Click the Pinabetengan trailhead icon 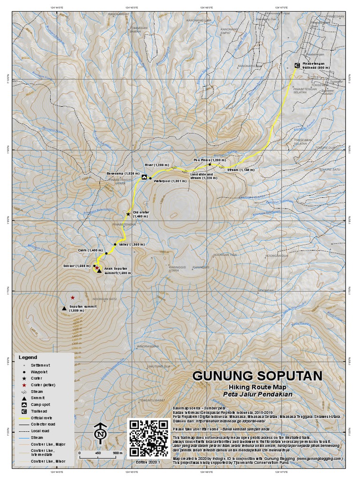coord(296,65)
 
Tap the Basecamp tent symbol coord(144,177)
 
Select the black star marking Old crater coord(128,214)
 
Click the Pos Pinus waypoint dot coord(210,165)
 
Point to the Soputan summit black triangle coord(64,308)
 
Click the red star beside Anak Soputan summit coord(97,268)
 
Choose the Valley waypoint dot coord(115,244)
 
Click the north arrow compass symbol coord(99,434)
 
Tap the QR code coord(149,438)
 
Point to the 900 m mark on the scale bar coord(118,453)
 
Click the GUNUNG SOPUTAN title coord(257,376)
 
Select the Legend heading coord(27,357)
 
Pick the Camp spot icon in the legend coord(23,404)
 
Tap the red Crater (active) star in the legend coord(23,384)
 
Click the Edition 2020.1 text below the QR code coord(148,462)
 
